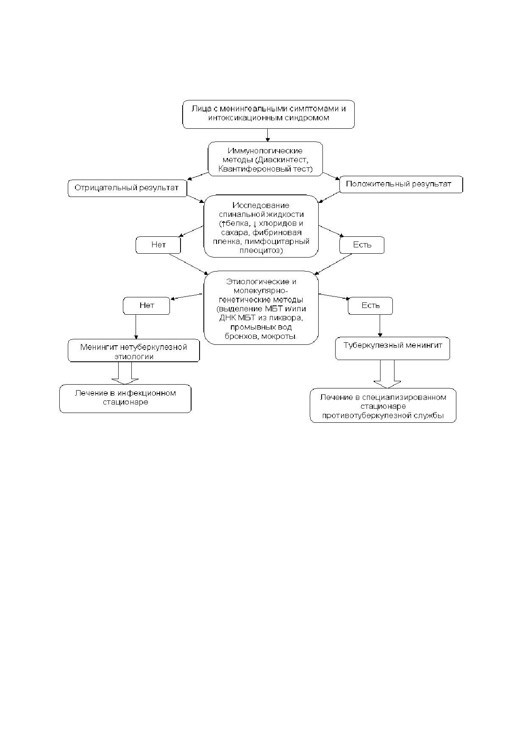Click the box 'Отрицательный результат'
[128, 188]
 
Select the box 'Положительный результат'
[401, 184]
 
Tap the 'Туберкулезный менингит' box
[392, 349]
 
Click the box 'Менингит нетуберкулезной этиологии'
[134, 350]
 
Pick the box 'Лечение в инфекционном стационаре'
[125, 398]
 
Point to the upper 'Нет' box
[158, 245]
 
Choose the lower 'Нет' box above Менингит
[146, 305]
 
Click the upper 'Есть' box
[362, 245]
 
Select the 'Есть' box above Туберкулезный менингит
[370, 305]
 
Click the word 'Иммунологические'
[265, 151]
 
